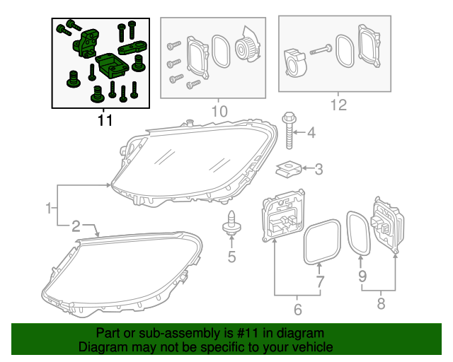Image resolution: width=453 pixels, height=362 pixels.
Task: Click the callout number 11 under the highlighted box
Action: tap(105, 120)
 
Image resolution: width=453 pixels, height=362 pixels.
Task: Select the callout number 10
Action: tap(219, 111)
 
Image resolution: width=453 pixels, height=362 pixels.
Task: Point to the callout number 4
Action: tap(311, 132)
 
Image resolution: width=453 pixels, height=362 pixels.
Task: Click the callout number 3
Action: tap(319, 169)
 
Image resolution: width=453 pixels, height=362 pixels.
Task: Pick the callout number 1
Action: tap(48, 208)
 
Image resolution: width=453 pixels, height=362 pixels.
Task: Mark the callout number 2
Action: tap(76, 226)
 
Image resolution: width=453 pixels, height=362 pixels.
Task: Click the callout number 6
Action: tap(297, 309)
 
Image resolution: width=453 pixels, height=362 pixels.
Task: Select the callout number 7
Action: tap(319, 282)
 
